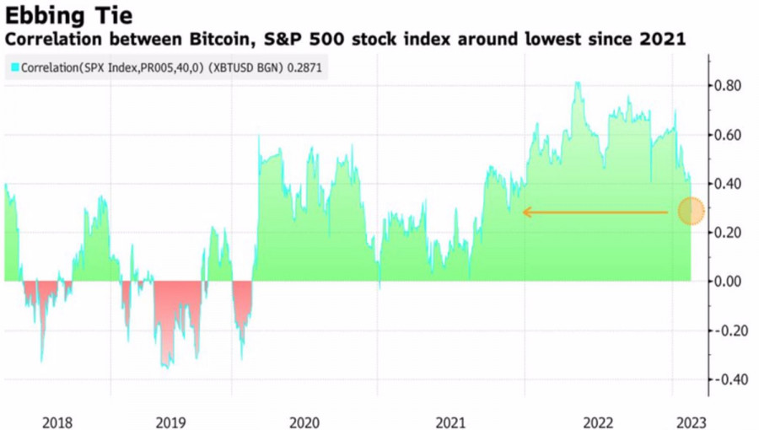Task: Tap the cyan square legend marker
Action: click(x=13, y=67)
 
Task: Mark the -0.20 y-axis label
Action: click(x=727, y=331)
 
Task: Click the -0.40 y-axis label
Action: click(x=727, y=379)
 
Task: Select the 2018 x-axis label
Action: click(x=57, y=421)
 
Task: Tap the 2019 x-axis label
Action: click(x=171, y=421)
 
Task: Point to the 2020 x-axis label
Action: click(x=304, y=421)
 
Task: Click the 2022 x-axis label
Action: click(x=598, y=421)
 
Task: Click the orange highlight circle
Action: click(x=692, y=211)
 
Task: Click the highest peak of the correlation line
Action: click(x=577, y=83)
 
